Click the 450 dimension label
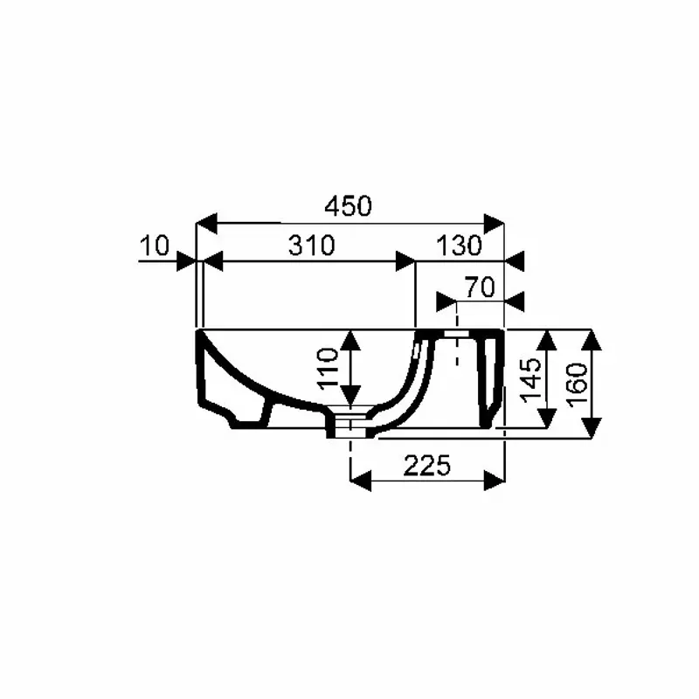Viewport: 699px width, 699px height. (x=348, y=206)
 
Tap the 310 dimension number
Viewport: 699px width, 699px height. (x=311, y=246)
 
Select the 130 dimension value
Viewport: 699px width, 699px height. (x=459, y=246)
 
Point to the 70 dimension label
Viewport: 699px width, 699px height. (x=480, y=287)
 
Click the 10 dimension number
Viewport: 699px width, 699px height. (x=155, y=246)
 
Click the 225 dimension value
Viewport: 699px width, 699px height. (x=426, y=466)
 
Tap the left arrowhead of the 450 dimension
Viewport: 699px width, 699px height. (x=206, y=224)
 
